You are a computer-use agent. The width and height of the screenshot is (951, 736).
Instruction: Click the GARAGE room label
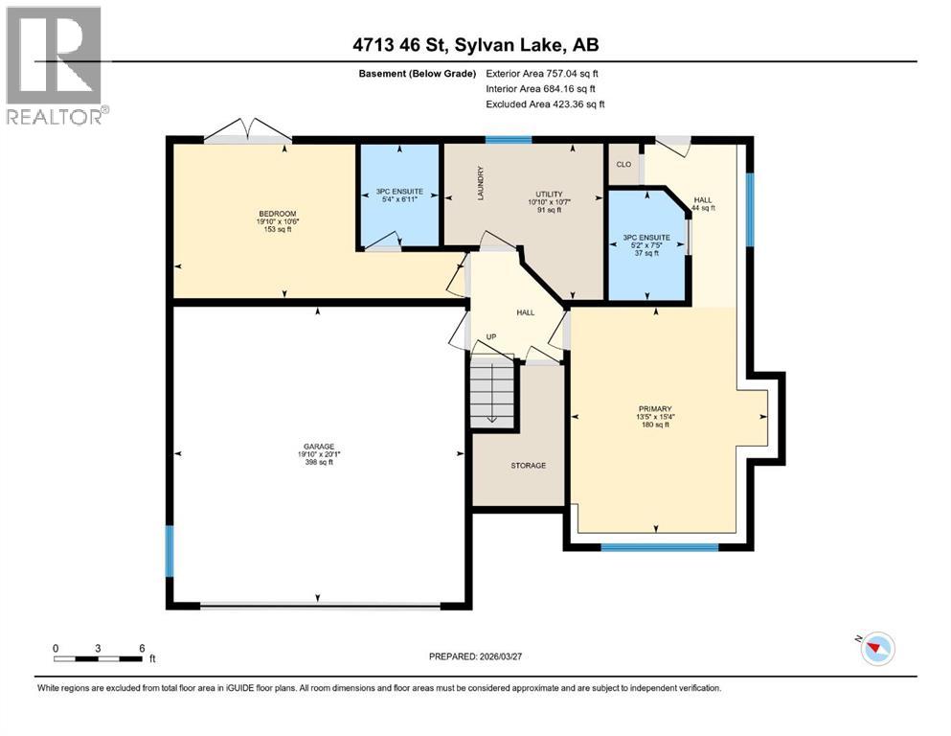pos(319,446)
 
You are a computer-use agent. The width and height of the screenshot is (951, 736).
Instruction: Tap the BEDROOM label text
pos(277,213)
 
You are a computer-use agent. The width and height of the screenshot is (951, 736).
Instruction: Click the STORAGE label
pos(528,466)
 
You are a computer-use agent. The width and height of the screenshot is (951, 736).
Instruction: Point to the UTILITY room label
pos(549,194)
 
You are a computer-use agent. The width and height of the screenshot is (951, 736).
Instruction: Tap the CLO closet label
pos(623,164)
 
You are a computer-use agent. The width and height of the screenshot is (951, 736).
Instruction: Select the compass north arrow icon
pos(876,649)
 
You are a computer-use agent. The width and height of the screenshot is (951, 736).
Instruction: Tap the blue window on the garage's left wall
pos(170,551)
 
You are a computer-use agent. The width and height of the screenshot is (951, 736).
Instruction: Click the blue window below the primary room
pos(659,547)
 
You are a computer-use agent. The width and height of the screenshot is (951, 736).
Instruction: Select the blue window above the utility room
pos(508,141)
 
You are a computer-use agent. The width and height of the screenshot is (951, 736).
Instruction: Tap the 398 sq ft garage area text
pos(319,463)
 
